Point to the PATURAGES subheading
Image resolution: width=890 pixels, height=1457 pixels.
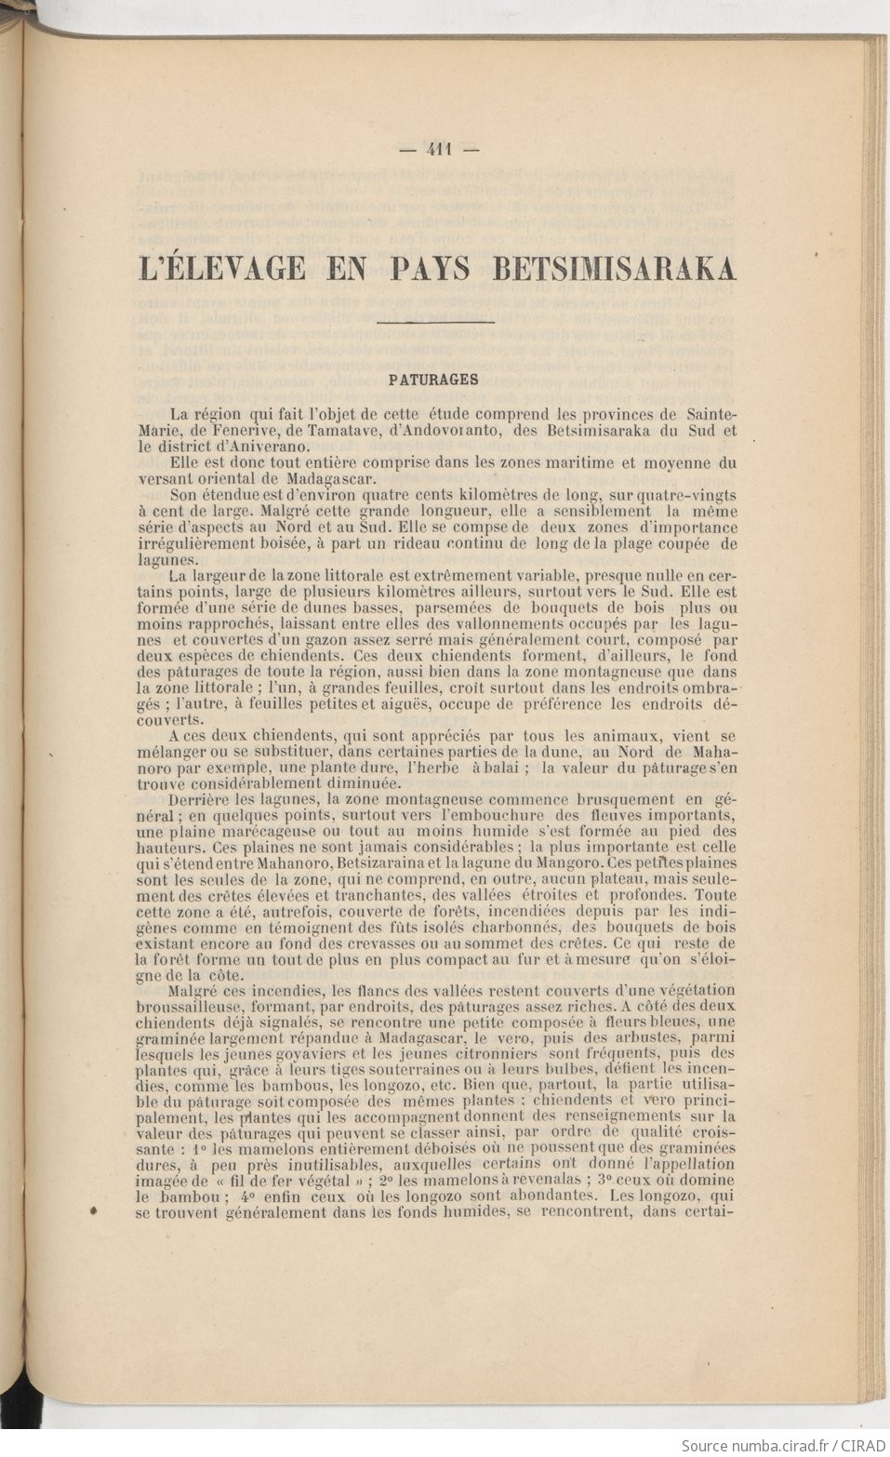433,380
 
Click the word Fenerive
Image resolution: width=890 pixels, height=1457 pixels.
243,430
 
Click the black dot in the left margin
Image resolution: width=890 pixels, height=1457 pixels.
93,1212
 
